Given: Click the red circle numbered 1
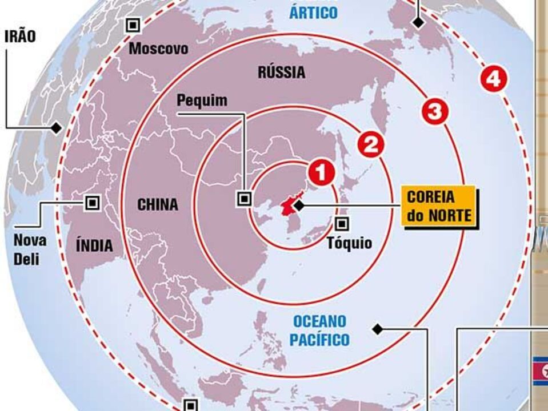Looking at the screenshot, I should coord(321,172).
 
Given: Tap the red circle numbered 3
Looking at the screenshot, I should coord(434,111).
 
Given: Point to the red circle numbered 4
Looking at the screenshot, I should coord(493,79).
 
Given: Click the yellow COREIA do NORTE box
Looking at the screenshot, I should coord(439,206).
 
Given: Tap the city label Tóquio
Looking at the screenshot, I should coord(349,243).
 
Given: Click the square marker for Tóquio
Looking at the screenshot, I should coord(342,224).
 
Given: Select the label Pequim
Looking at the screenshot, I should coord(202,100).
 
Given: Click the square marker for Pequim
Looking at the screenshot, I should coord(245,198).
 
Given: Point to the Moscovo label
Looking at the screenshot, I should coord(158,49).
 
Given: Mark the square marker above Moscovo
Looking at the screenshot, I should coord(133,25).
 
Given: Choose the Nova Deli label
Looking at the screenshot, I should coord(30,249).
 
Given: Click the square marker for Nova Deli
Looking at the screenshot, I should coord(91,202).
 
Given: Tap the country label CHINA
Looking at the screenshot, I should coord(157,204).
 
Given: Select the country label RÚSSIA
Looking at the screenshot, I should coord(281,72).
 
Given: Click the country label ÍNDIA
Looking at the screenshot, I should coord(94,246).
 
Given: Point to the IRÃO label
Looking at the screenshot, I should coord(20,37).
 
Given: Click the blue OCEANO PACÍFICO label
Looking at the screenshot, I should coord(319,330).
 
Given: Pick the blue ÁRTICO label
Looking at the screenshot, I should coord(313,13).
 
